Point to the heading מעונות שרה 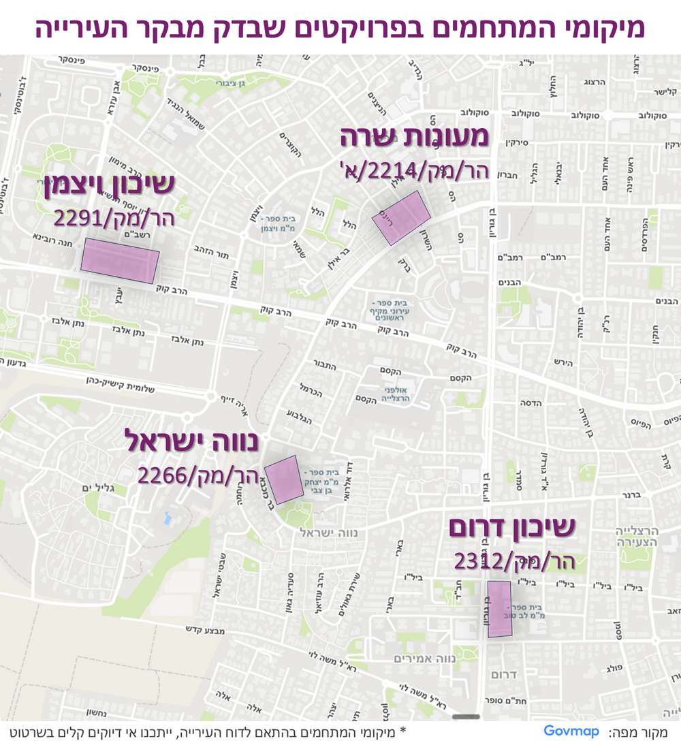coord(414,137)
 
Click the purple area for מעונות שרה coord(402,217)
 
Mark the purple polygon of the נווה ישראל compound coord(284,479)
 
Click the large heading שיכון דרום coord(512,528)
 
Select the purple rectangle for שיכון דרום coord(499,609)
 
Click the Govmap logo coord(571,731)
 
